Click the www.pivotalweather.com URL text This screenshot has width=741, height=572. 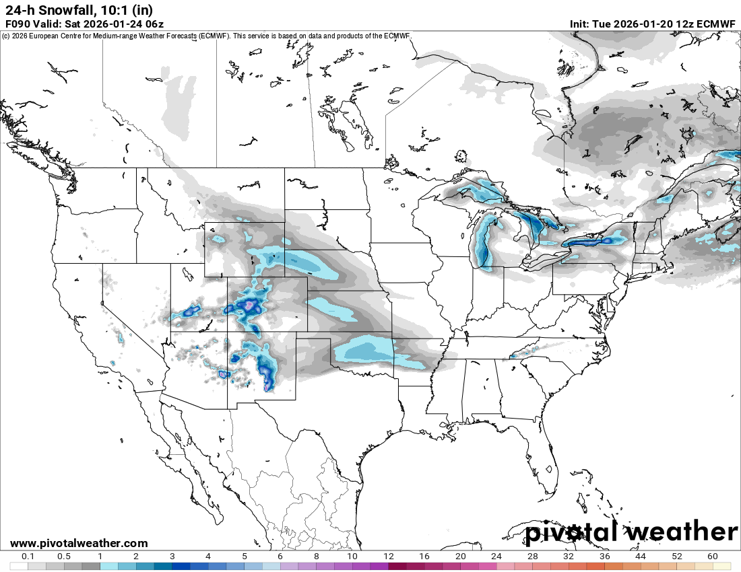coord(79,543)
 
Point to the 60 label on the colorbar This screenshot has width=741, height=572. coord(713,557)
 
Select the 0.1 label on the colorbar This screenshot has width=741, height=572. coord(28,557)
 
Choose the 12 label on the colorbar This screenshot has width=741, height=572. coord(389,557)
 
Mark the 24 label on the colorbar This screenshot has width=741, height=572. coord(496,557)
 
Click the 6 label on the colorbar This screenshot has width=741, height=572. coord(280,557)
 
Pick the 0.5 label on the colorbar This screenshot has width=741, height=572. coord(64,557)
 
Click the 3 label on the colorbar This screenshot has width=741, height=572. coord(172,557)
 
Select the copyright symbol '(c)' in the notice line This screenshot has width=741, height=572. coord(5,36)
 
